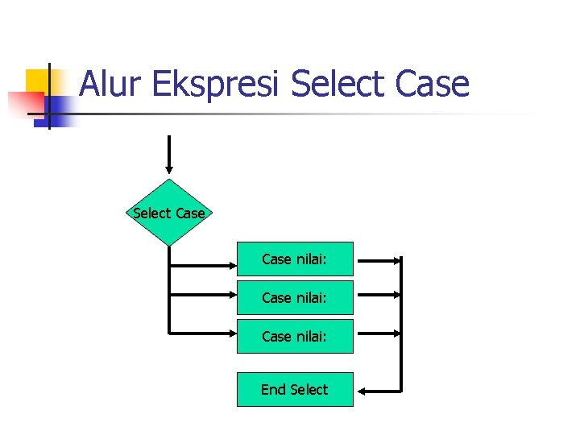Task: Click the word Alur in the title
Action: tap(110, 84)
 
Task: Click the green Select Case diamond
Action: tap(169, 213)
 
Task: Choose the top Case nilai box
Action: tap(295, 259)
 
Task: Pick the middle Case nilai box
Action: tap(295, 297)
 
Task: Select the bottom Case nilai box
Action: tap(295, 336)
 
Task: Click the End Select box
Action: tap(295, 389)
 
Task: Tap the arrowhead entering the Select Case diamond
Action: tap(169, 170)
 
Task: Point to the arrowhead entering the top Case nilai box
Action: tap(231, 265)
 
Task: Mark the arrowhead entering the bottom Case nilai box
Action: tap(231, 331)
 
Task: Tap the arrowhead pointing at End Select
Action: tap(363, 391)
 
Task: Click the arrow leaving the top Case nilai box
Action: tap(379, 261)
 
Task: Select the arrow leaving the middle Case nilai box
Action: tap(379, 297)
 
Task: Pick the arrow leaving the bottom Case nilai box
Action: tap(379, 332)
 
